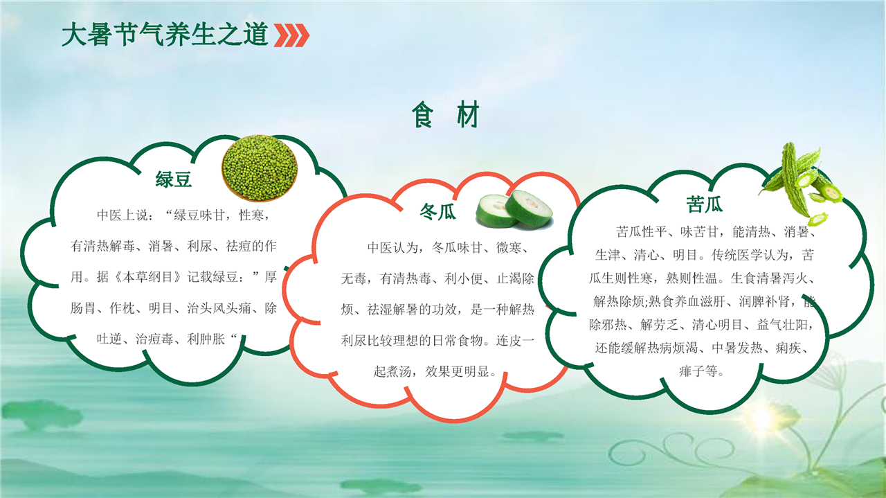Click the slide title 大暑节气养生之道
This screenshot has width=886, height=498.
click(x=165, y=35)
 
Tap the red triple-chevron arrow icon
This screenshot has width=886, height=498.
click(x=291, y=35)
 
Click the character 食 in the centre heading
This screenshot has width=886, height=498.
click(x=422, y=114)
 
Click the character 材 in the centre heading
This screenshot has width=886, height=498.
click(x=468, y=114)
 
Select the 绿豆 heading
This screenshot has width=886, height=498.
click(x=173, y=179)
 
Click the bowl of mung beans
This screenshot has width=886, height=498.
click(x=260, y=168)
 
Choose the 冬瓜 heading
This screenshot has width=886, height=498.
click(x=437, y=211)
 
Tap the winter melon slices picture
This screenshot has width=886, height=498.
click(x=514, y=209)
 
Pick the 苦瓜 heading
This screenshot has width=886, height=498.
click(x=704, y=204)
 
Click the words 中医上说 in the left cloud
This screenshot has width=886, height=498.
click(x=123, y=215)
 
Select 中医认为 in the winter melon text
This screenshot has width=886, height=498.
click(x=392, y=247)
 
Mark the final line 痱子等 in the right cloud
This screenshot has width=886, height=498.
click(x=701, y=371)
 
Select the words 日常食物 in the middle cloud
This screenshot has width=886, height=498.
click(x=457, y=341)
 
